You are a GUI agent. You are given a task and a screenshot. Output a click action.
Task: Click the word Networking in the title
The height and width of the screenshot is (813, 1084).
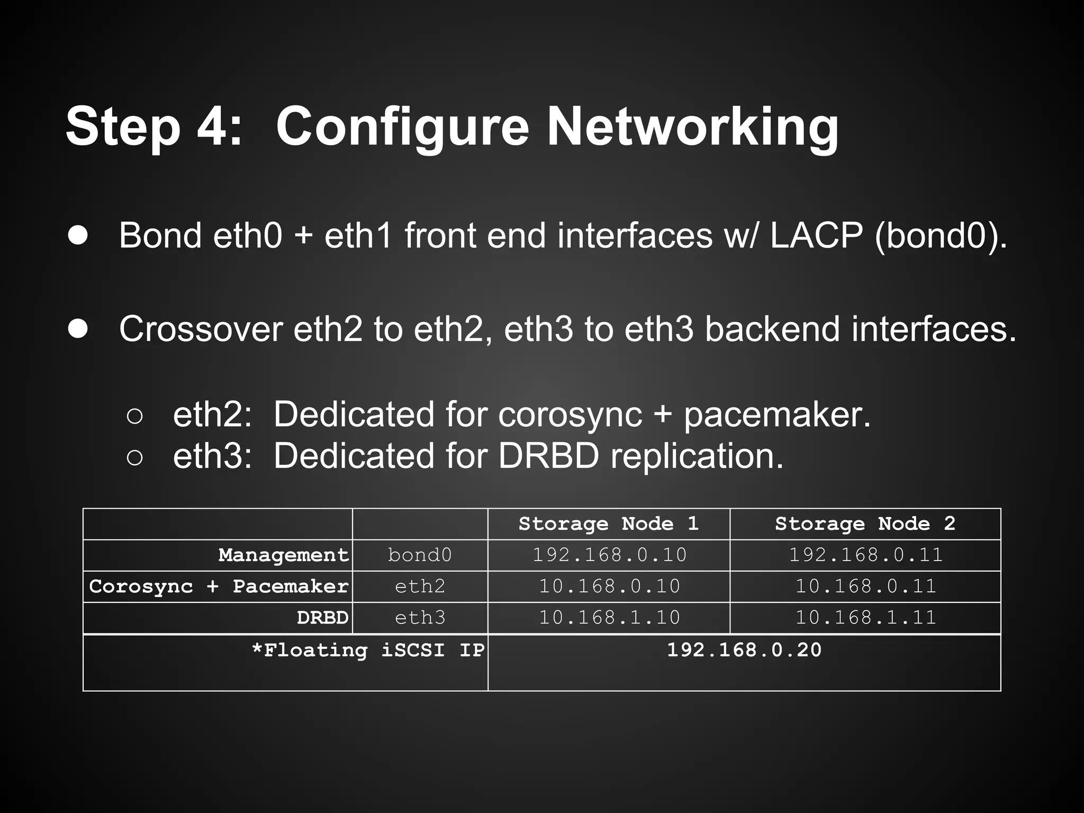click(692, 128)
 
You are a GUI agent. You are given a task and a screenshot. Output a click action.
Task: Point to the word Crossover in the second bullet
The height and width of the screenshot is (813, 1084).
click(201, 329)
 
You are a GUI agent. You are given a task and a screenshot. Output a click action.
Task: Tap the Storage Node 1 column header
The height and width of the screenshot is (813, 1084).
click(609, 524)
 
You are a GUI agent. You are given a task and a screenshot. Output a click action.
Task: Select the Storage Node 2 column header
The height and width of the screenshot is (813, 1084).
click(865, 524)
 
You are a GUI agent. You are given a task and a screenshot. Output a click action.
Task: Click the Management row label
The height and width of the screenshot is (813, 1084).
click(284, 555)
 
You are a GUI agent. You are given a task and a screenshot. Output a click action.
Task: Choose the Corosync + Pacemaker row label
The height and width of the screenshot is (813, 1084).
click(219, 586)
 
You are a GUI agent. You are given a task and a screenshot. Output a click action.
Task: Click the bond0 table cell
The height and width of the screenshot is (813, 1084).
click(420, 555)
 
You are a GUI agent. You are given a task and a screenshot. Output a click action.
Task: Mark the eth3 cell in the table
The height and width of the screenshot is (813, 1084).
click(420, 618)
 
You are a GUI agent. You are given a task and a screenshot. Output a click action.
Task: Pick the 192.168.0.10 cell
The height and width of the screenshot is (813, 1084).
click(609, 555)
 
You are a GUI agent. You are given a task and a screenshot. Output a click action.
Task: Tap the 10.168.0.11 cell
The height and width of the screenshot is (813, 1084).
click(866, 586)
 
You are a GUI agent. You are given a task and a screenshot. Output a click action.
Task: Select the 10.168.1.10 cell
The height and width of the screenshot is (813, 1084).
click(609, 618)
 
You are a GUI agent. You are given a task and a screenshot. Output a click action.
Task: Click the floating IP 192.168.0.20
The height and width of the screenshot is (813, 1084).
click(744, 650)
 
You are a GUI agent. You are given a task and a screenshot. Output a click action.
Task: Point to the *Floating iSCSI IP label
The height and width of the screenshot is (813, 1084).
click(368, 650)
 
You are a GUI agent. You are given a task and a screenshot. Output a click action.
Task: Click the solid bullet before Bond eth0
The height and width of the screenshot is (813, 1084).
click(78, 236)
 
